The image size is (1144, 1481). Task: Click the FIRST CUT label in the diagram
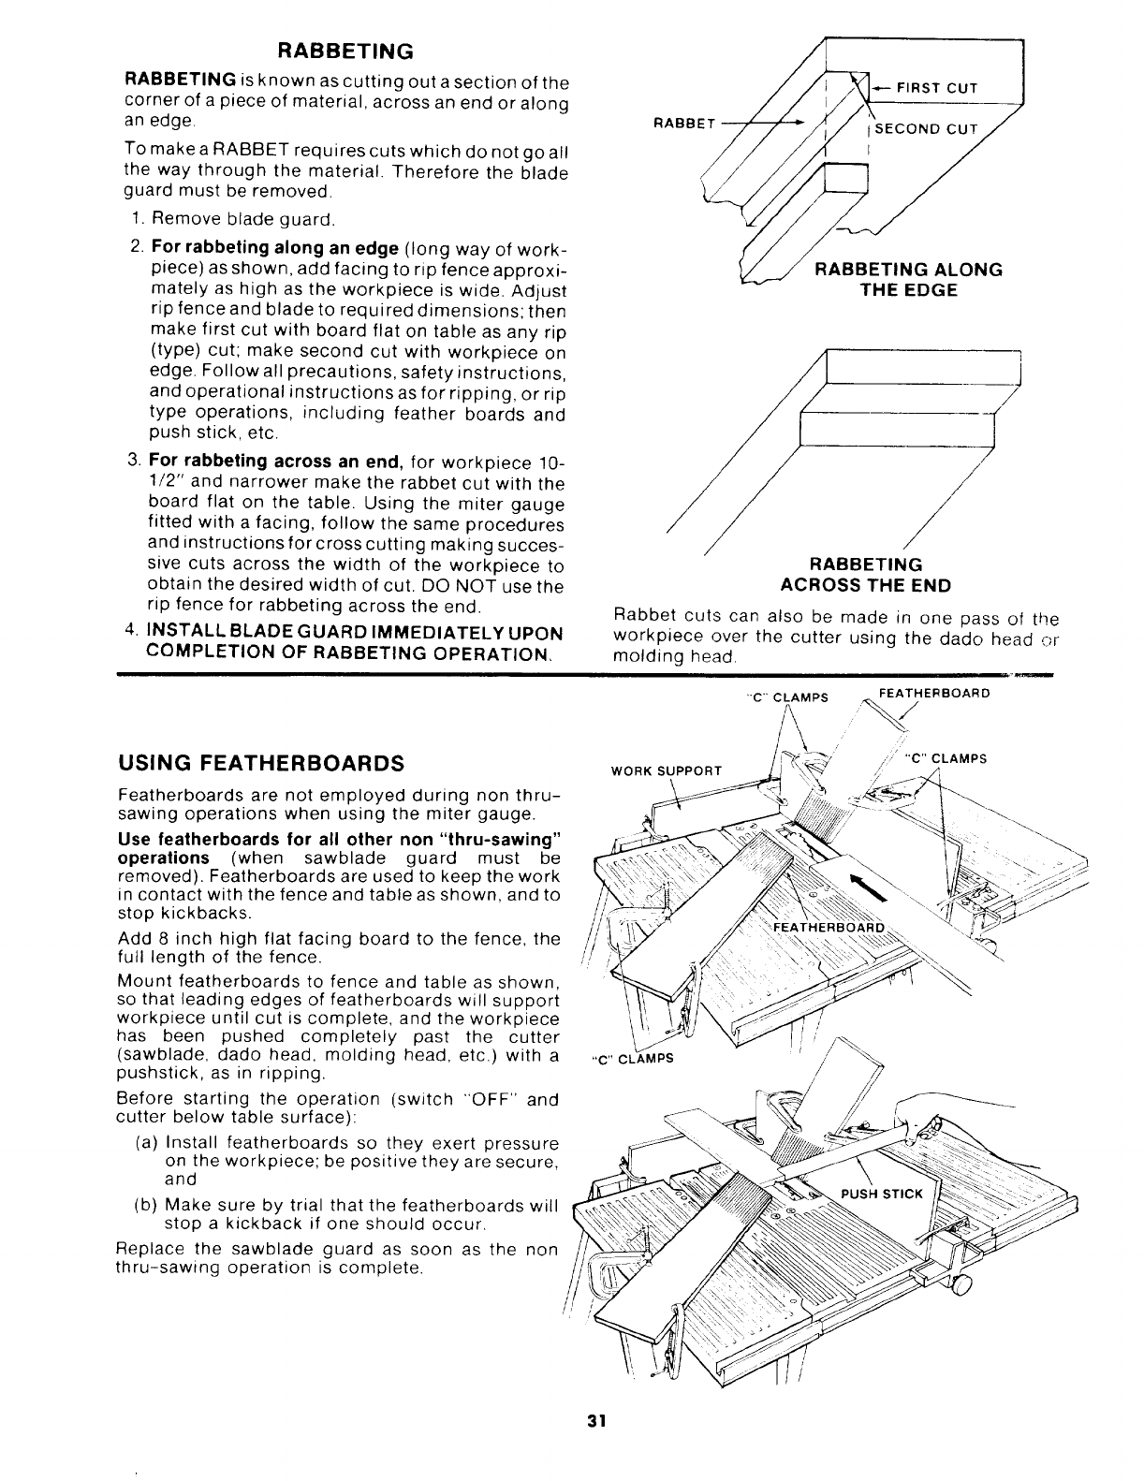[x=936, y=88]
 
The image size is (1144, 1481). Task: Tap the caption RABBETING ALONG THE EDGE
[x=908, y=280]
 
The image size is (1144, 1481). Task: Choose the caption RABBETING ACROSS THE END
[x=866, y=575]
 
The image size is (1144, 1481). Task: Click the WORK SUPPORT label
[x=667, y=770]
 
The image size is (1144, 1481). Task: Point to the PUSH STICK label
[x=882, y=1194]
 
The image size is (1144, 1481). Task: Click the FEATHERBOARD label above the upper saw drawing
[x=932, y=694]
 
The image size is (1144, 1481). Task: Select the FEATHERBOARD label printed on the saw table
[x=829, y=928]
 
